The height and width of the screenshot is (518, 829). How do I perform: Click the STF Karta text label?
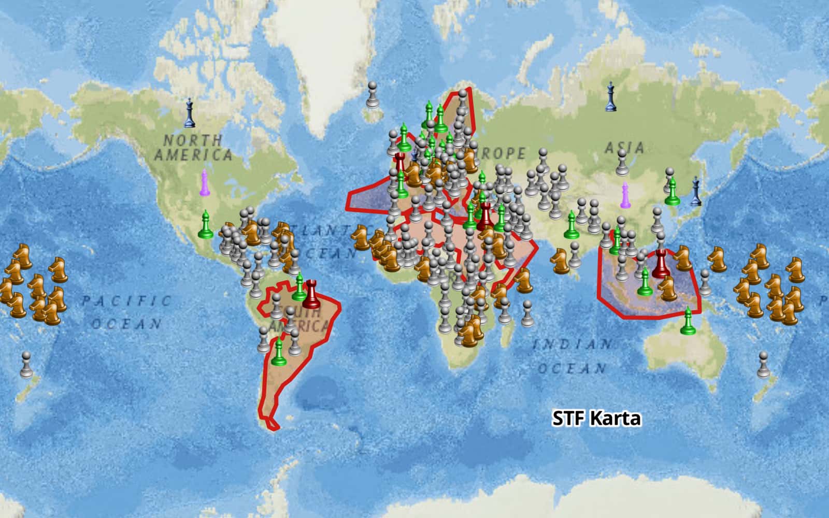click(x=596, y=418)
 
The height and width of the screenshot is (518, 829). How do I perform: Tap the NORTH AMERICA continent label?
click(x=192, y=148)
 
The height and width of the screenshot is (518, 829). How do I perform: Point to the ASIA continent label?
click(x=624, y=148)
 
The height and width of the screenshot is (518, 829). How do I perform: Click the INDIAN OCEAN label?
click(x=572, y=356)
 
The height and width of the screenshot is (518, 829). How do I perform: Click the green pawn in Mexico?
click(x=206, y=225)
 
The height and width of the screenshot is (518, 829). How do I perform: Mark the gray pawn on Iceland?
click(x=372, y=95)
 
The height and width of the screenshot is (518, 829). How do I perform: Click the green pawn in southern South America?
click(x=279, y=352)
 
